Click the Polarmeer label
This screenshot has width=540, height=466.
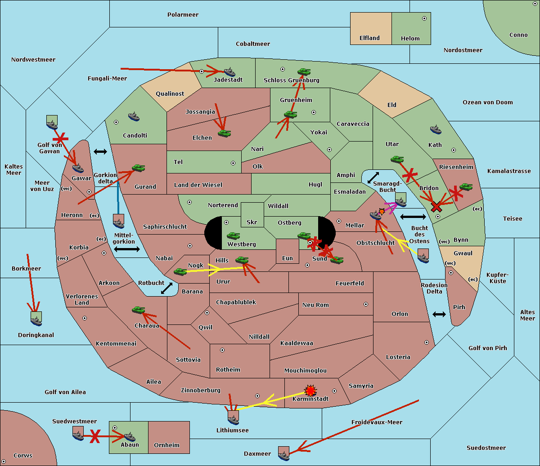tap(183, 15)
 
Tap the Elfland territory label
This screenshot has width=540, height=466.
tap(369, 38)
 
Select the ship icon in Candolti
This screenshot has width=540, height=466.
tap(134, 117)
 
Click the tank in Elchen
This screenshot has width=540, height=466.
tap(225, 133)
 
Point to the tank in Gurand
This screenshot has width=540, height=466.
tap(138, 168)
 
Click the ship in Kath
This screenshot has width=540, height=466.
tap(436, 130)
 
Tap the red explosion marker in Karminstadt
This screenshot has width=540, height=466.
tap(310, 391)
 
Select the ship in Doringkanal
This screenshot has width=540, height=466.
tap(36, 319)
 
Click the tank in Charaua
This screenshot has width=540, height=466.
tap(139, 310)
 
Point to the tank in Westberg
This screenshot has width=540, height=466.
tap(233, 236)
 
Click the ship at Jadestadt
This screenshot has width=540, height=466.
tap(229, 72)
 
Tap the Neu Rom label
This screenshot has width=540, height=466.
tap(315, 305)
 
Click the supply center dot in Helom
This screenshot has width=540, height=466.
tap(424, 18)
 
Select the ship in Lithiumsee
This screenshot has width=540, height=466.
tap(233, 418)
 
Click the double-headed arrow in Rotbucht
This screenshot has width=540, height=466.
tap(166, 288)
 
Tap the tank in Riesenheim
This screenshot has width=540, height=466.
tap(466, 187)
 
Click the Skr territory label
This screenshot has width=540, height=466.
tap(252, 222)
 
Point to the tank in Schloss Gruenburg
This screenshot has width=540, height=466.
tap(304, 72)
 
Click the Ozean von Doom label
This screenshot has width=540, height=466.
tap(488, 102)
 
